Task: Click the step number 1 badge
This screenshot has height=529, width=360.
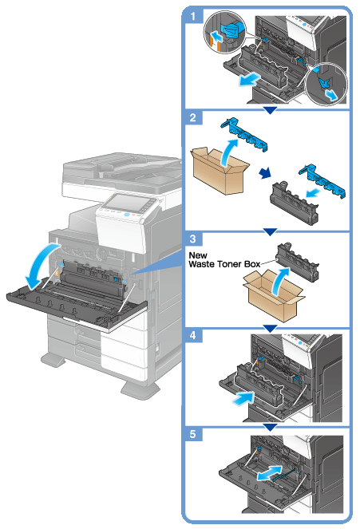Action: [193, 15]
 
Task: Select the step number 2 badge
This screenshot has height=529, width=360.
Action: [193, 117]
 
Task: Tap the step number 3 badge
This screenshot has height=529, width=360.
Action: [193, 239]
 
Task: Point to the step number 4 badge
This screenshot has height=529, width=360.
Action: [193, 335]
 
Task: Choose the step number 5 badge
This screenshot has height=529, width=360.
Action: [193, 434]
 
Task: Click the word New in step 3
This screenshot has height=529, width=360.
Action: [198, 255]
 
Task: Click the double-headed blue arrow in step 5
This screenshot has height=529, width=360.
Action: [269, 473]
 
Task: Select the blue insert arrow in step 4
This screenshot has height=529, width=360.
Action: [243, 398]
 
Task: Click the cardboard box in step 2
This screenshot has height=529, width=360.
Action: [220, 171]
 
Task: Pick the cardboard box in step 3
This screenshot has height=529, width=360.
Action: [274, 296]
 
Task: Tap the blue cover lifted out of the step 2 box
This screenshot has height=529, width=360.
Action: [244, 133]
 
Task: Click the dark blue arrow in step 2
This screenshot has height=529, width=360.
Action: [265, 173]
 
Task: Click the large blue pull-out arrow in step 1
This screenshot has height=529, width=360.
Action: [249, 80]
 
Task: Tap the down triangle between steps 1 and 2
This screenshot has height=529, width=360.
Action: [270, 110]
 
